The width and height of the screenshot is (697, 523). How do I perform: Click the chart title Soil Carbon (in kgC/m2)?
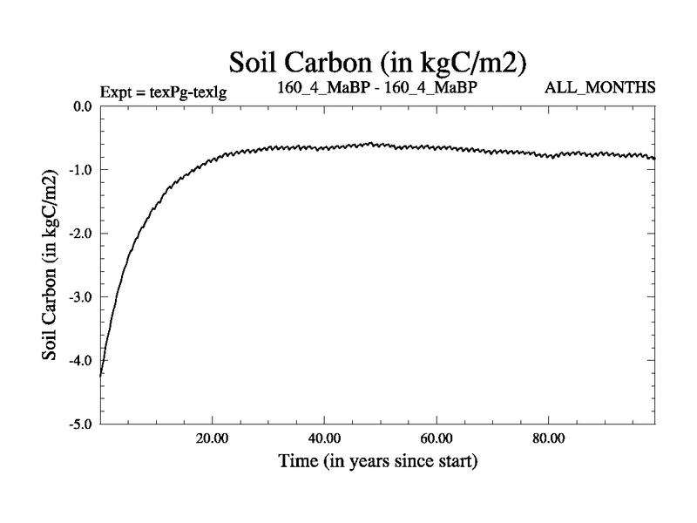click(377, 64)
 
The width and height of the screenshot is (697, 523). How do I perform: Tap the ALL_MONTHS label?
click(599, 88)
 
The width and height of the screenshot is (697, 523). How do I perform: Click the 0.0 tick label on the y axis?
click(83, 106)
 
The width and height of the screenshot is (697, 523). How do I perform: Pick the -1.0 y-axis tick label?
click(81, 170)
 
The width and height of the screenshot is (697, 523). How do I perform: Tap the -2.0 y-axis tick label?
click(81, 234)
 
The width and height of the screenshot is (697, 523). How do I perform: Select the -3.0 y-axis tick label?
click(81, 297)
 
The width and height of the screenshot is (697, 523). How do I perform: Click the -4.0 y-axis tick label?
click(81, 361)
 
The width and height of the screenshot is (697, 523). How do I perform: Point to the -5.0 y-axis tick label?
click(81, 425)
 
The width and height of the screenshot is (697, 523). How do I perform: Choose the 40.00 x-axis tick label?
click(324, 438)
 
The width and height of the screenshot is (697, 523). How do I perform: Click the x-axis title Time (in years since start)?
click(377, 459)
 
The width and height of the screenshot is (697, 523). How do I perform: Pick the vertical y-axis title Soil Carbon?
click(50, 265)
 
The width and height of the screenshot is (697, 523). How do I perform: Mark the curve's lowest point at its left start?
click(102, 375)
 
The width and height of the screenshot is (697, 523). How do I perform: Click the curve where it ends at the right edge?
click(655, 159)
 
